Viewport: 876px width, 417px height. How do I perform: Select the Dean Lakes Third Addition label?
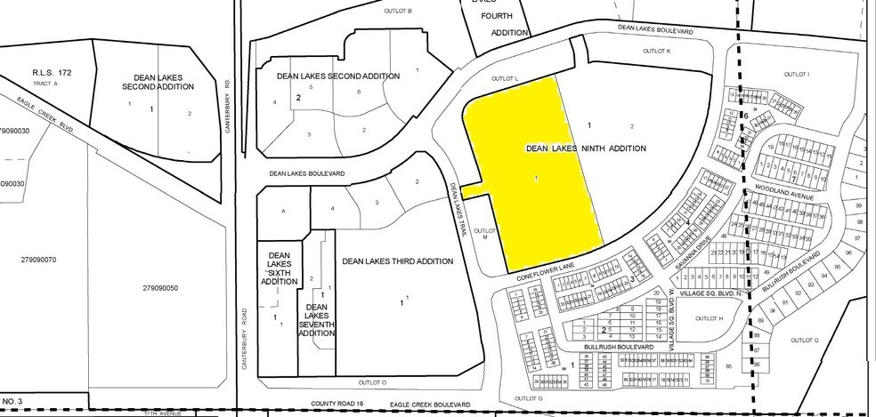[398, 261]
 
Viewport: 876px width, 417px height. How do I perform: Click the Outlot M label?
[487, 234]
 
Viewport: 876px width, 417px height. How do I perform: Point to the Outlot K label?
[654, 52]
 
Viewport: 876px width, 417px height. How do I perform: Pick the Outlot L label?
[504, 79]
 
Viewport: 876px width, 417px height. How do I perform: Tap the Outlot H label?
[707, 317]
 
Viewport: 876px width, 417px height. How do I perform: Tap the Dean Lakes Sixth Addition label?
[279, 269]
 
